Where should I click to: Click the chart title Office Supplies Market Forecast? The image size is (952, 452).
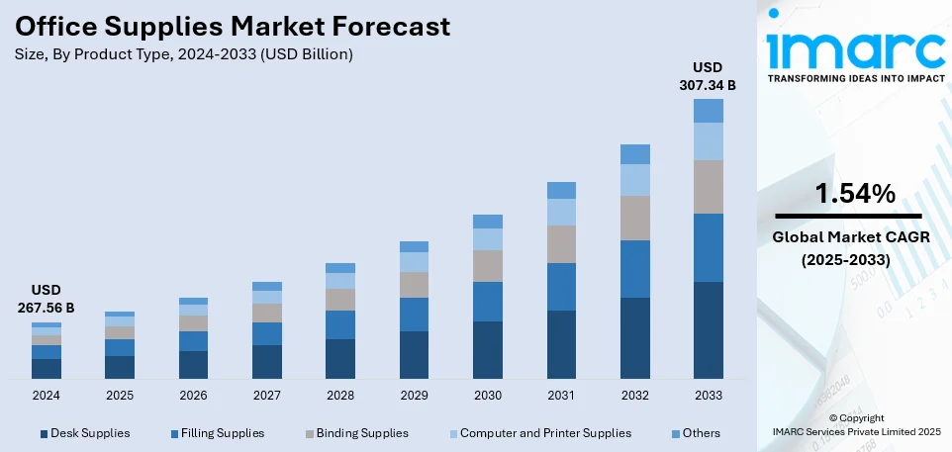233,26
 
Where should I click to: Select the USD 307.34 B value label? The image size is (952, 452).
707,77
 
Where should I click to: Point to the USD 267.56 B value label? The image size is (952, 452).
47,299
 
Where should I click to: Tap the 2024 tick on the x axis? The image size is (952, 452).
47,394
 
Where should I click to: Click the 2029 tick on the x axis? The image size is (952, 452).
414,394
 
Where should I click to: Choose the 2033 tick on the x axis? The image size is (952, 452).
708,394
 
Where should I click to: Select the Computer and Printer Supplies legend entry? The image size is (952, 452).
545,433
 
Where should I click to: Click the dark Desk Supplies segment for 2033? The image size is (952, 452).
708,329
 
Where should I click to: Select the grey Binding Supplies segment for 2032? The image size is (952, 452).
634,218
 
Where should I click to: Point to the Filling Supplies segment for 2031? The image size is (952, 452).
561,287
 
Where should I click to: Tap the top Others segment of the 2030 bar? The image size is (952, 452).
488,222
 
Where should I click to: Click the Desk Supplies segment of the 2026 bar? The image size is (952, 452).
194,364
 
